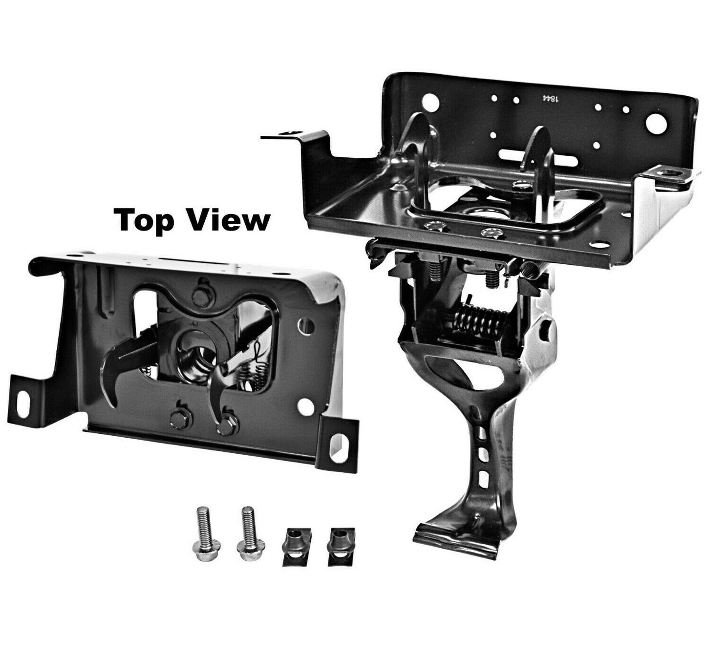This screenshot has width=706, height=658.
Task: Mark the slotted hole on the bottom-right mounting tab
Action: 336,445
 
